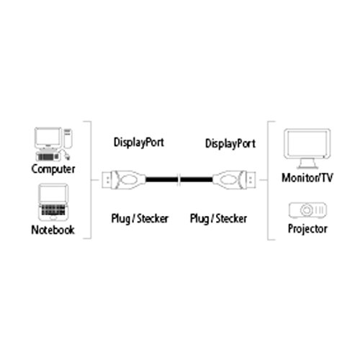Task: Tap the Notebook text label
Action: [52, 230]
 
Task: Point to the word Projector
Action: [307, 229]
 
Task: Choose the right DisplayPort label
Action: [230, 143]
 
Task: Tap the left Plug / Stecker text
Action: [139, 217]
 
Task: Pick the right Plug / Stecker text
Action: [218, 217]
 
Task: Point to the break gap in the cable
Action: [180, 180]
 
